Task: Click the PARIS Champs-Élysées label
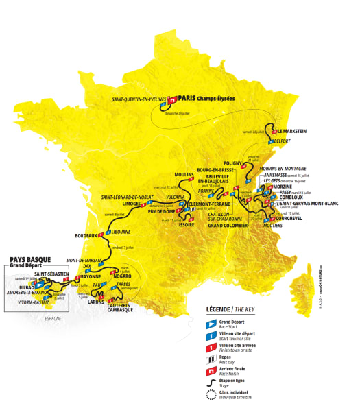tap(206, 98)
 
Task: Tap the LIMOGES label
tap(131, 204)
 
